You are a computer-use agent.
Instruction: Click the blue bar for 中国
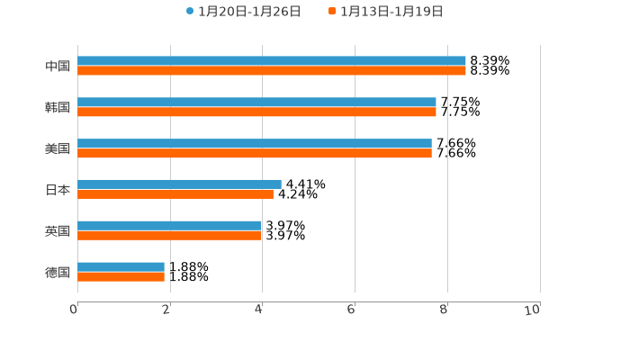(272, 61)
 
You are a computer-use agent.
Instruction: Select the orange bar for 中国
(272, 71)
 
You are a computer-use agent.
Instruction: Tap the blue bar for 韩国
(256, 103)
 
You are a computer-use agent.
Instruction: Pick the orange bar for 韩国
(256, 112)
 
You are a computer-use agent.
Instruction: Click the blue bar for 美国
(255, 144)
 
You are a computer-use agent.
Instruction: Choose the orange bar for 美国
(255, 154)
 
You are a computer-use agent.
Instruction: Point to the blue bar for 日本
(179, 184)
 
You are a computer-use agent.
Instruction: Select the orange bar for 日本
(175, 194)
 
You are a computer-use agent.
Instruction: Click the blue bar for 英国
(170, 226)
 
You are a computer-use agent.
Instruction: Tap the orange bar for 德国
(121, 277)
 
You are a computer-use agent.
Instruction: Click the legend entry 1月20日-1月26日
(243, 12)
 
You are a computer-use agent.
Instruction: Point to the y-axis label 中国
(58, 67)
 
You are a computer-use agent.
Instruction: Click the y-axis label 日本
(58, 190)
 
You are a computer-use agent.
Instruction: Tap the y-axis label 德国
(58, 272)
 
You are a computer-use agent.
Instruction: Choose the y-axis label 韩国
(58, 108)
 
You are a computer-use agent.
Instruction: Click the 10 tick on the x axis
(533, 310)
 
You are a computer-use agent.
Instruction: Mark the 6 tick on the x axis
(352, 310)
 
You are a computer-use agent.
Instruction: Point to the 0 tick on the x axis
(74, 310)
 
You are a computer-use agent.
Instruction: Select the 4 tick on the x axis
(259, 310)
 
